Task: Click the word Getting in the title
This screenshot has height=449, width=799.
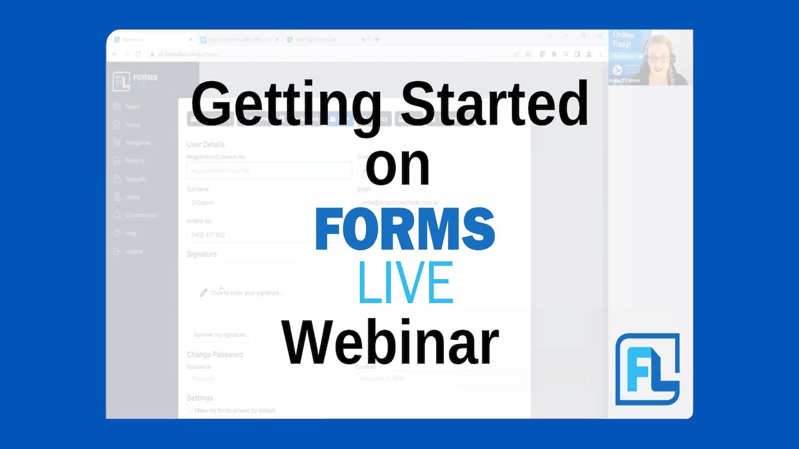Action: [x=286, y=106]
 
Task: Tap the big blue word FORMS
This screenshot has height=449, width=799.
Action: [x=405, y=230]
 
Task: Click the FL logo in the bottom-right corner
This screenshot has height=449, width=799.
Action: [x=647, y=369]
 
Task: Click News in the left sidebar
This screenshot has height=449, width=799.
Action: [x=132, y=107]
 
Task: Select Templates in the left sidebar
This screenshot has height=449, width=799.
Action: [x=138, y=143]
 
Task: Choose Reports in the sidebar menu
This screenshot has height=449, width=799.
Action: [x=135, y=161]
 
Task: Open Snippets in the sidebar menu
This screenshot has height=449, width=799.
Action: [x=136, y=179]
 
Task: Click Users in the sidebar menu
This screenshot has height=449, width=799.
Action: [x=132, y=197]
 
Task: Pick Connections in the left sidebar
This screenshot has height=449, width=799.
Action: [x=140, y=215]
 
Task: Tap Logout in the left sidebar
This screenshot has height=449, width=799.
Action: [x=134, y=251]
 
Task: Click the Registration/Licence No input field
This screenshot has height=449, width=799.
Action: [x=268, y=170]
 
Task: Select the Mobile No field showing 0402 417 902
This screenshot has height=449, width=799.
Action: [x=268, y=235]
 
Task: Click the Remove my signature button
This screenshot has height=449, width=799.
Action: [x=221, y=335]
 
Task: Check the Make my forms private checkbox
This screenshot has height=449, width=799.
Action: [x=191, y=410]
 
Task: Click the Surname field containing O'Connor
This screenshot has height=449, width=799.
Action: [x=268, y=203]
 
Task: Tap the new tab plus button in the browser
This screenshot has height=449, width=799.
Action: [x=377, y=40]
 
